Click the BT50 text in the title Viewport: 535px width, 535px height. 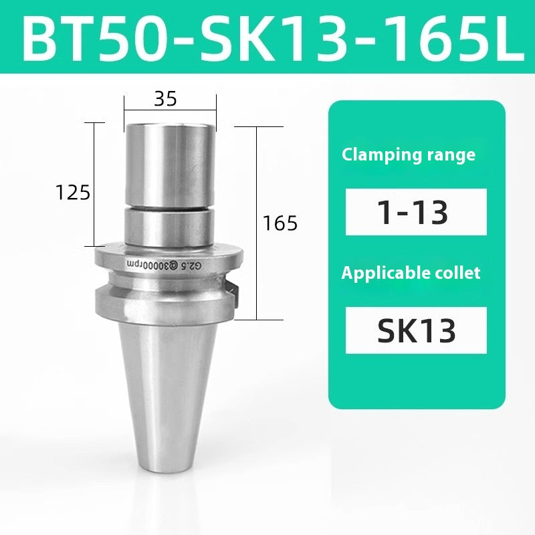coord(94,37)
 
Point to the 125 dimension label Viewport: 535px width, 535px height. coord(72,193)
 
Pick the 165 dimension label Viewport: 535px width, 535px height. coord(280,223)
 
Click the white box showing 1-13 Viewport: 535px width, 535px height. coord(415,212)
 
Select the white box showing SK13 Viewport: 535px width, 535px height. coord(415,330)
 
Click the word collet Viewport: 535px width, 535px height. coord(457,273)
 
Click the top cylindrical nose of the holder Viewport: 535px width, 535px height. coord(170,160)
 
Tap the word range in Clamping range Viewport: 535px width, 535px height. coord(449,155)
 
